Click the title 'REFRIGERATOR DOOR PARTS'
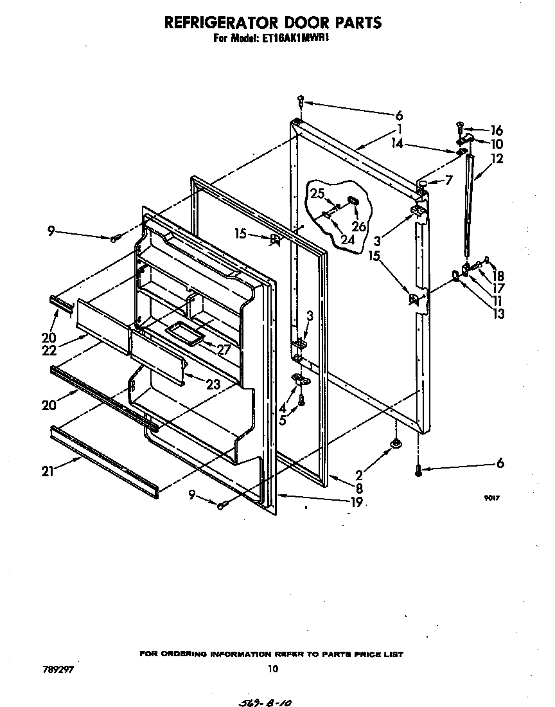pyautogui.click(x=274, y=23)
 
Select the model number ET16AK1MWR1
pyautogui.click(x=303, y=39)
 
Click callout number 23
pyautogui.click(x=213, y=384)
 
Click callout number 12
pyautogui.click(x=497, y=158)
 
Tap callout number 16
pyautogui.click(x=497, y=130)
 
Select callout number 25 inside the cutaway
pyautogui.click(x=317, y=193)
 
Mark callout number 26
pyautogui.click(x=358, y=226)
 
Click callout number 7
pyautogui.click(x=448, y=181)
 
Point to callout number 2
pyautogui.click(x=359, y=476)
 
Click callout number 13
pyautogui.click(x=497, y=314)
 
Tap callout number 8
pyautogui.click(x=359, y=488)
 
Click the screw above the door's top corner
pyautogui.click(x=301, y=100)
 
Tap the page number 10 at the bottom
pyautogui.click(x=272, y=668)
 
